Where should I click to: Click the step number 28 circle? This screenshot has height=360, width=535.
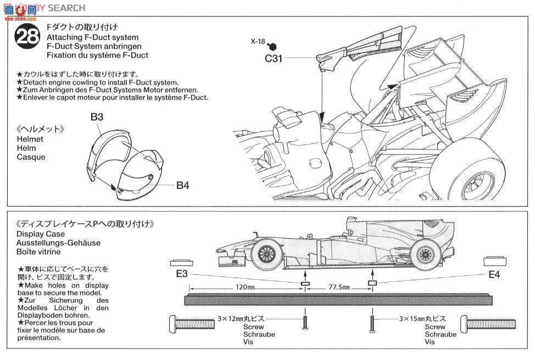(x=27, y=36)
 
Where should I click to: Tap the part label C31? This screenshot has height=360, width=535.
(x=274, y=58)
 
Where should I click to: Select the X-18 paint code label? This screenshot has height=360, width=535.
(x=258, y=42)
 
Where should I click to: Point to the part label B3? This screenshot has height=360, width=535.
(x=97, y=117)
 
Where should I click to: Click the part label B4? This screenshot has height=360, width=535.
(x=182, y=185)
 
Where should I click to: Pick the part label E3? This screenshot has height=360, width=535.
(x=182, y=274)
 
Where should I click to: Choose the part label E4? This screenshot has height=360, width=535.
(x=494, y=274)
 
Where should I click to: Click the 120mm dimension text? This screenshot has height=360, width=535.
(x=245, y=287)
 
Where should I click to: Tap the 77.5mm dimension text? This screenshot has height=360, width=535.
(x=339, y=287)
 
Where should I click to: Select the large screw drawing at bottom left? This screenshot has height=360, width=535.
(x=192, y=324)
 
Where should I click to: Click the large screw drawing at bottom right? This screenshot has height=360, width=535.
(x=488, y=323)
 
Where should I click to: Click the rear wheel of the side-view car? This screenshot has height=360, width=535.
(x=425, y=254)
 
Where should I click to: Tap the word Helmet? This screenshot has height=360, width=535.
(x=30, y=140)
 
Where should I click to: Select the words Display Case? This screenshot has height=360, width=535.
(x=41, y=234)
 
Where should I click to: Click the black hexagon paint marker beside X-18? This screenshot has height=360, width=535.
(x=272, y=46)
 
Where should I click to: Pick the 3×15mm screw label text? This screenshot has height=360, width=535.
(x=423, y=318)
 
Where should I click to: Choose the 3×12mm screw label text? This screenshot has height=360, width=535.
(x=241, y=318)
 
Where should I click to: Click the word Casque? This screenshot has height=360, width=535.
(x=31, y=157)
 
